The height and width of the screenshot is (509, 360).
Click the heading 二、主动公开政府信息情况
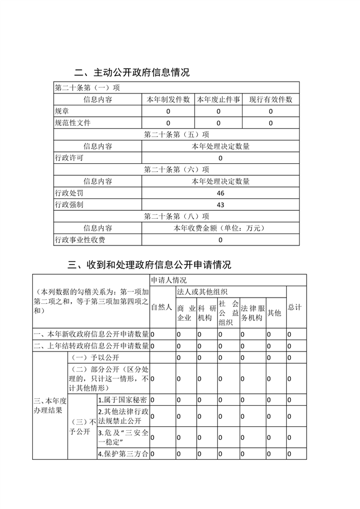[x=132, y=73]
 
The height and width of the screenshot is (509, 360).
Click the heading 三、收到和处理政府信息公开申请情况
[x=149, y=265]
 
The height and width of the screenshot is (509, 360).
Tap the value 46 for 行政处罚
[x=220, y=193]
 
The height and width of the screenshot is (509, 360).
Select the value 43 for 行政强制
[x=220, y=205]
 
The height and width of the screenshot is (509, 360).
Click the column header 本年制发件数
[x=168, y=99]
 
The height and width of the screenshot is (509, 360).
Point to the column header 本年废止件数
[x=218, y=99]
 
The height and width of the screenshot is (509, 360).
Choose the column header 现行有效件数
[x=270, y=99]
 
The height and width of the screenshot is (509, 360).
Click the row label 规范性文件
[x=72, y=122]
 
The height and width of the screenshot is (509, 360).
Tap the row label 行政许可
[x=69, y=158]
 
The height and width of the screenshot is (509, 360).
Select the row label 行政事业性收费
[x=79, y=240]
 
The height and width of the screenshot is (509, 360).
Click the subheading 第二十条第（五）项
[x=176, y=134]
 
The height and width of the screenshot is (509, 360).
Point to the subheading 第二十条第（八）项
[x=176, y=216]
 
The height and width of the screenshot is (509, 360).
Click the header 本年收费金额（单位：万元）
[x=220, y=228]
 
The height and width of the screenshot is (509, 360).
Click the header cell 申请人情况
[x=168, y=280]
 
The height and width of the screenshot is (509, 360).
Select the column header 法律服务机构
[x=252, y=313]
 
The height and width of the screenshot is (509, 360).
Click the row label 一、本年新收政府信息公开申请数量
[x=91, y=334]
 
